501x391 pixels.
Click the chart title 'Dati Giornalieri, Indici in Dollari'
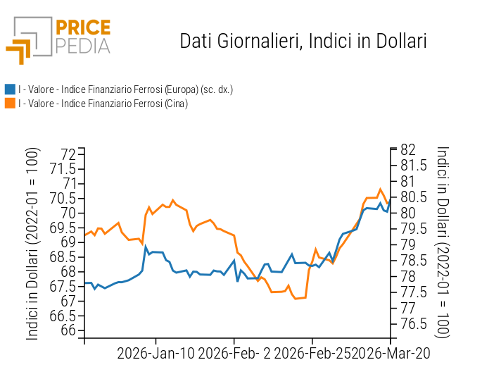303,41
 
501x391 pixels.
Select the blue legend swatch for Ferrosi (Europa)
10,89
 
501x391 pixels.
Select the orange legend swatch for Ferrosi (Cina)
10,104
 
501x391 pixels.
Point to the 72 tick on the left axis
68,154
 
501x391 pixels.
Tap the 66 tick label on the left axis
68,330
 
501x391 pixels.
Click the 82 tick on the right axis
408,149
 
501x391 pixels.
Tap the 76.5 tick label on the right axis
414,324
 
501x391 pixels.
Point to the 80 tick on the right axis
408,213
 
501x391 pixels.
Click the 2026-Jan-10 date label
156,353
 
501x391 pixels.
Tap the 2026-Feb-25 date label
312,353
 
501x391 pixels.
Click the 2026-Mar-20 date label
391,353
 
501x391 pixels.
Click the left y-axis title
32,244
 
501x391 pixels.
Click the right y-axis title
442,242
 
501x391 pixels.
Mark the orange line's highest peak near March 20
380,189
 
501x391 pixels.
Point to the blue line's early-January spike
146,247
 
